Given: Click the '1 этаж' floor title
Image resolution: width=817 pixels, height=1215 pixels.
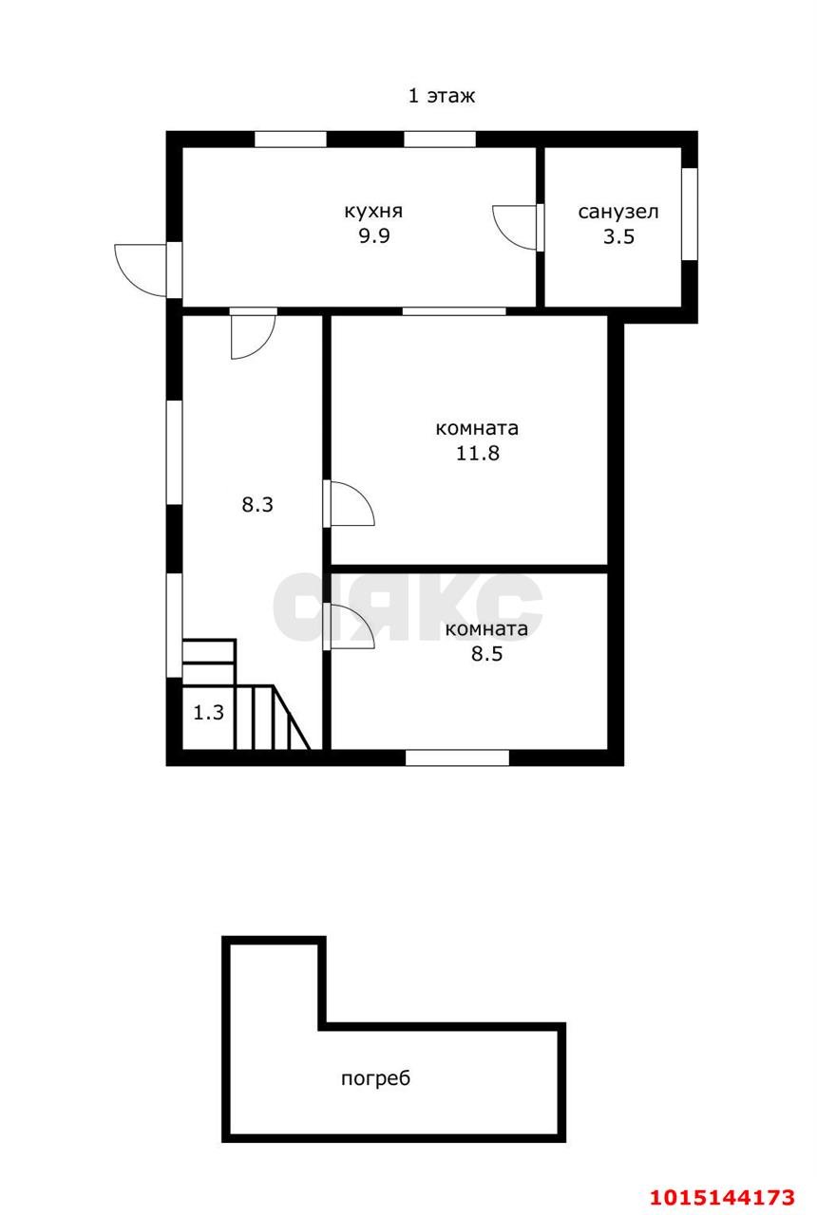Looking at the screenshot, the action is (x=442, y=96).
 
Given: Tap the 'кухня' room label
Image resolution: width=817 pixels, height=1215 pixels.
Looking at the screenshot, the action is (x=373, y=211).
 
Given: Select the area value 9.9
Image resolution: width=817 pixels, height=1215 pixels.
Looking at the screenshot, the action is (x=374, y=236).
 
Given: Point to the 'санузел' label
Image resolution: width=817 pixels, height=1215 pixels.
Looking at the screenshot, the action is (x=618, y=212).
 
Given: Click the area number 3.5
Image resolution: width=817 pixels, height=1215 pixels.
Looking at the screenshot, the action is (x=618, y=237).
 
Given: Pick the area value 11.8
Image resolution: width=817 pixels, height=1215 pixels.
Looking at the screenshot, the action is (x=477, y=453).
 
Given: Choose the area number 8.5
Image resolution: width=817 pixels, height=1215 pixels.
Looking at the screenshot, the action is (x=487, y=654).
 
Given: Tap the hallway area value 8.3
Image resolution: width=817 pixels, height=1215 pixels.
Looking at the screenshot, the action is (x=257, y=505).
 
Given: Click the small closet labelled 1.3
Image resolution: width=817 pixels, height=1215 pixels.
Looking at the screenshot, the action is (x=208, y=713).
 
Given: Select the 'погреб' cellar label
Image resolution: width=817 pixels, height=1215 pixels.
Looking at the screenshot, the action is (x=375, y=1078).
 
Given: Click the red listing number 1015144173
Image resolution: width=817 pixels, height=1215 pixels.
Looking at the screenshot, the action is (x=723, y=1197).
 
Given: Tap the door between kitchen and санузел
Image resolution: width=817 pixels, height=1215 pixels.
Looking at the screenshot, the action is (x=515, y=228).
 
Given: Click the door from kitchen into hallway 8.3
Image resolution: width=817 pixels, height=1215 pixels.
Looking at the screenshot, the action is (x=253, y=336).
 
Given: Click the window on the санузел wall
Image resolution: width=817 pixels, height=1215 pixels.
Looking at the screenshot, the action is (x=690, y=214).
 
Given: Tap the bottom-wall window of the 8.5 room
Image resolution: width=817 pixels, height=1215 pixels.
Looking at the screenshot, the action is (x=457, y=757).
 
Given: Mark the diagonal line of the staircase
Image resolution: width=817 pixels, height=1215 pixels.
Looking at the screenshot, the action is (x=291, y=717).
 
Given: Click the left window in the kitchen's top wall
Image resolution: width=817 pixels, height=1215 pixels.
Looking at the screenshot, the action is (x=291, y=139).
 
